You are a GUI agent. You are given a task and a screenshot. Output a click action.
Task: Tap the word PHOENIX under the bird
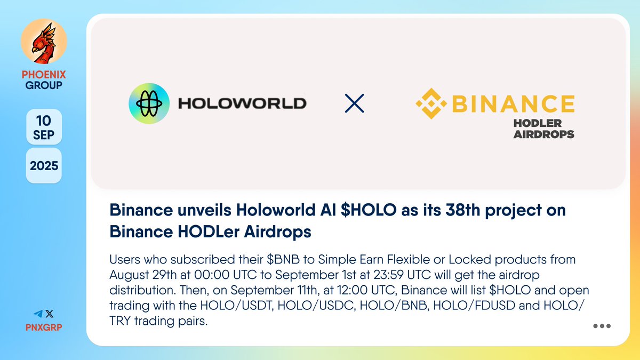[44, 75]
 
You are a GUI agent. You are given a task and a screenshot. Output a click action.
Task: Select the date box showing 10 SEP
[44, 127]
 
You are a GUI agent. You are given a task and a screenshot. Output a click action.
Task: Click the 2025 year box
[44, 166]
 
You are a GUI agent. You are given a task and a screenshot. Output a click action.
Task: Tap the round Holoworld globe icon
[148, 103]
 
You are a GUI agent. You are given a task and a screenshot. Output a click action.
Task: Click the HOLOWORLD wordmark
[242, 103]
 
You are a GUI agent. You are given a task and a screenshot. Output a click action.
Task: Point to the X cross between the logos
[355, 103]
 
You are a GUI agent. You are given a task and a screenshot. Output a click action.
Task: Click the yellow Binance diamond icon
[433, 103]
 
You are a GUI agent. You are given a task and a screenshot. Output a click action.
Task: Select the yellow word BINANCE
[514, 103]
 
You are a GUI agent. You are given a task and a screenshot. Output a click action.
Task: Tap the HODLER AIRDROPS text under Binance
[543, 129]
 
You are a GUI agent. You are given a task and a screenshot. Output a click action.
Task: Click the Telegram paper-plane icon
[38, 314]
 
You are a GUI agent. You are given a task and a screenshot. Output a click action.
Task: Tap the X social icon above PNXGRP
[50, 314]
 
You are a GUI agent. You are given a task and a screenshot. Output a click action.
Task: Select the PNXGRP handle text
[44, 326]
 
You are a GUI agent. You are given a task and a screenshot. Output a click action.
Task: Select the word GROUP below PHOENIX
[44, 85]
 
